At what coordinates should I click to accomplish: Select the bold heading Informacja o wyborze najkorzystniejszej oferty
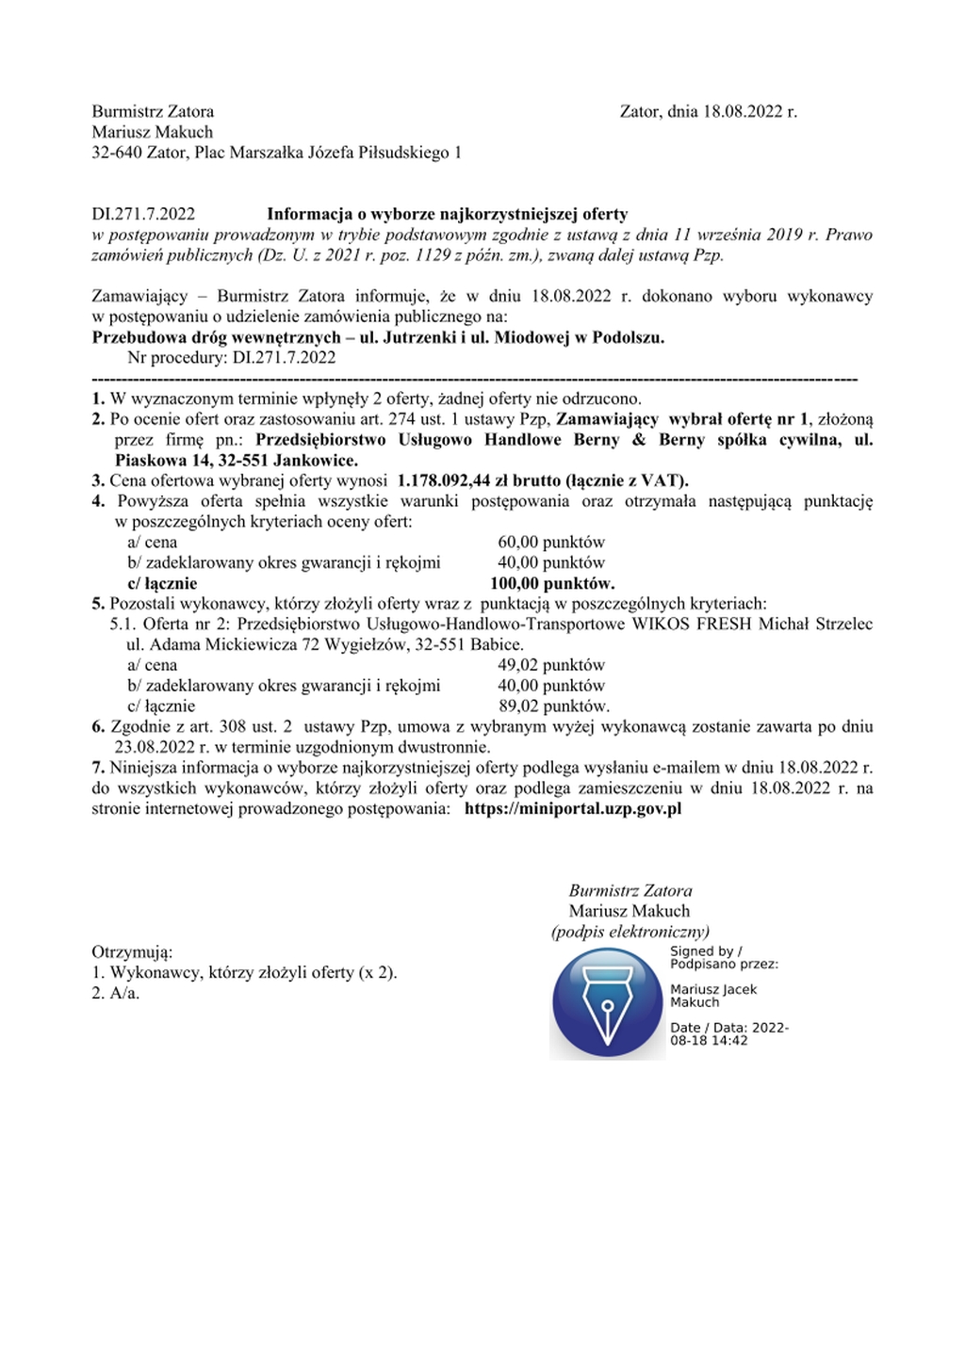pyautogui.click(x=447, y=215)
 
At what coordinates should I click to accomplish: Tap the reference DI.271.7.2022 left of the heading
pyautogui.click(x=143, y=215)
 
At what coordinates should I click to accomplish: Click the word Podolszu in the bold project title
pyautogui.click(x=627, y=337)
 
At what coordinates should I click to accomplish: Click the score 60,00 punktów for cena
pyautogui.click(x=550, y=543)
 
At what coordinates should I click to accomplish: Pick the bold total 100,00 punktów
pyautogui.click(x=552, y=584)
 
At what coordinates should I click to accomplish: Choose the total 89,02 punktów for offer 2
pyautogui.click(x=553, y=706)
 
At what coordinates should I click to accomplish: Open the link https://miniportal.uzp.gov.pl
pyautogui.click(x=573, y=809)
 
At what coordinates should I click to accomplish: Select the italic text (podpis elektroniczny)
pyautogui.click(x=630, y=933)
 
